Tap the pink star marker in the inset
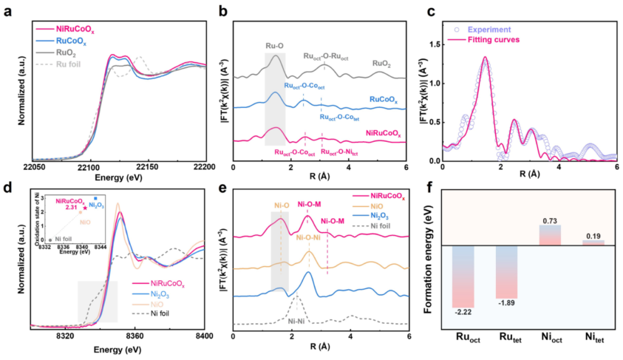[84, 209]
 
